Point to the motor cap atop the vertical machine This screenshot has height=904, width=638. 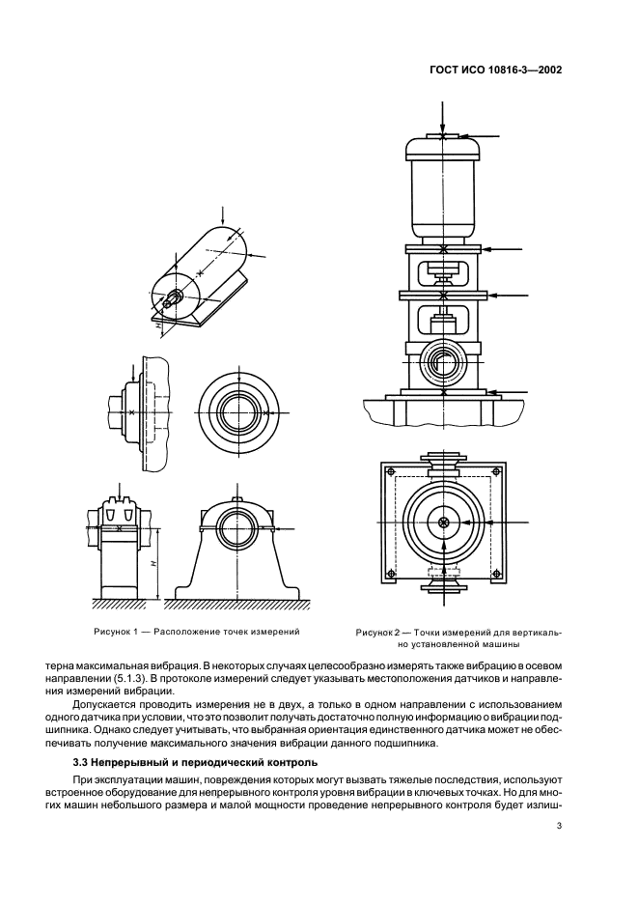pos(443,147)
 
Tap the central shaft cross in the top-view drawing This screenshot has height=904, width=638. pos(443,523)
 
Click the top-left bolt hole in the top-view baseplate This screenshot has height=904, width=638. pos(391,471)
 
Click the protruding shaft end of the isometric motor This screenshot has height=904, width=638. pos(169,302)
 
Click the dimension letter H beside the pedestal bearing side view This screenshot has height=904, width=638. pos(154,560)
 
